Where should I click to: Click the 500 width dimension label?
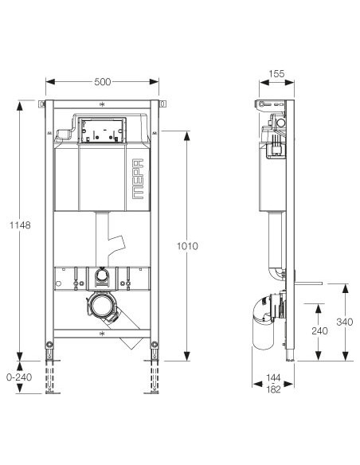[x=103, y=81]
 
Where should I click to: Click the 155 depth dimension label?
[x=276, y=74]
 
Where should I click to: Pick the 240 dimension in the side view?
[x=317, y=330]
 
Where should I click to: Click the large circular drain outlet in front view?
[x=101, y=305]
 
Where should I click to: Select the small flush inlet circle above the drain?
[x=101, y=277]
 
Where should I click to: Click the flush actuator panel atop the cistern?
[x=102, y=130]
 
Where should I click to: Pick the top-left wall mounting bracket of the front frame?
[x=41, y=104]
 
